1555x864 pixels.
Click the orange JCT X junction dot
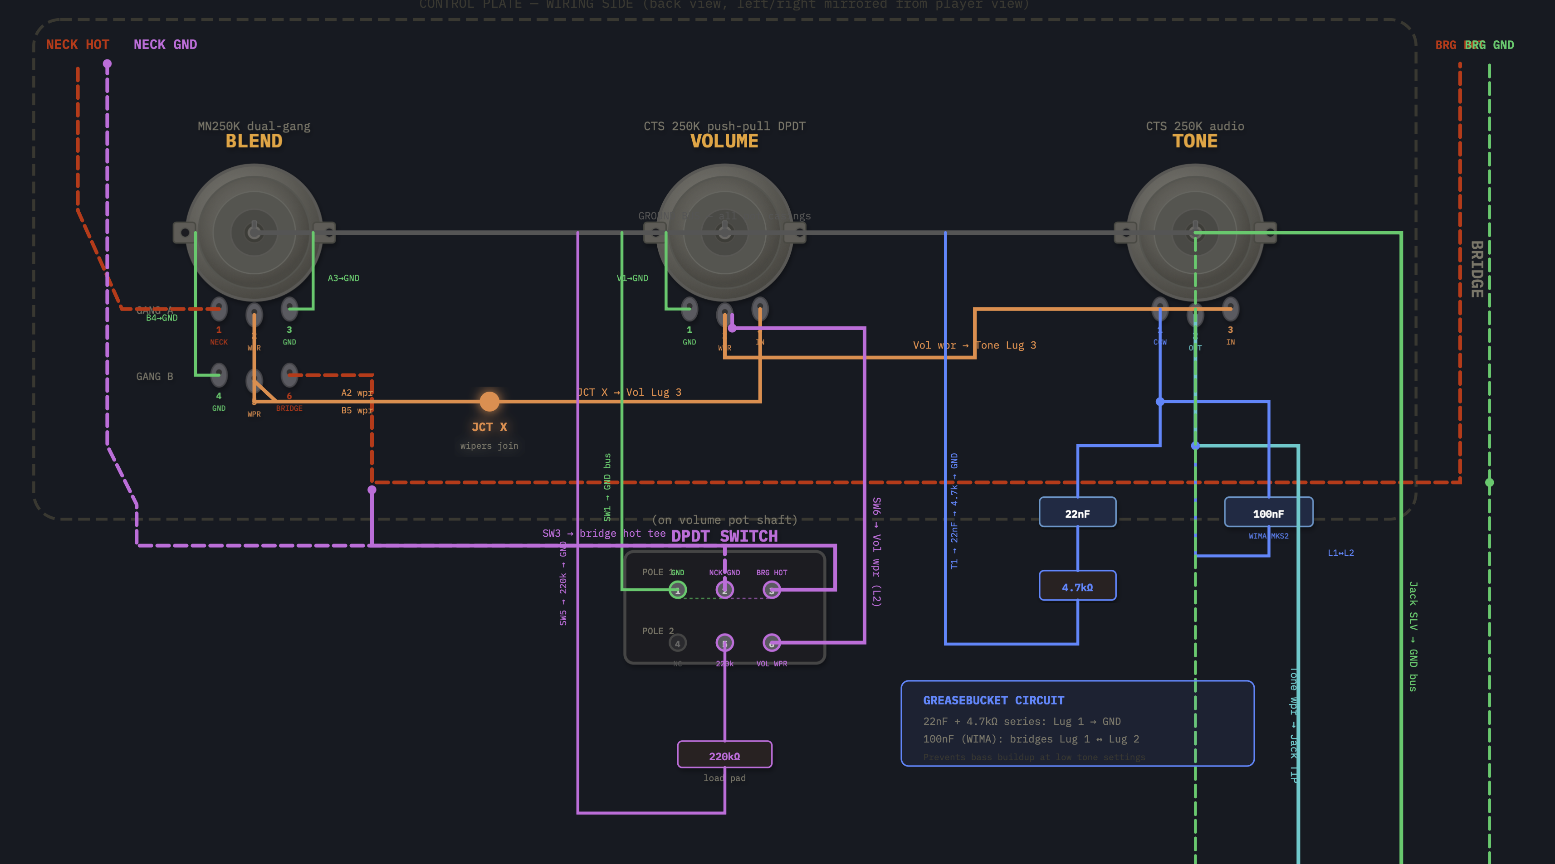coord(489,401)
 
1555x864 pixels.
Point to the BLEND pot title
coord(254,141)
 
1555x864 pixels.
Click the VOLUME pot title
coord(724,141)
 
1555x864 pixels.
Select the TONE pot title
coord(1195,141)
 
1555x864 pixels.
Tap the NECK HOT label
coord(77,44)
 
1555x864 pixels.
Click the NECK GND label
coord(165,44)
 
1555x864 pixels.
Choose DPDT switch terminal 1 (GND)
coord(677,590)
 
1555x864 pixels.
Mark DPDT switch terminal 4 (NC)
coord(677,643)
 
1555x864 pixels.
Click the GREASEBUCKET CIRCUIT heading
coord(993,700)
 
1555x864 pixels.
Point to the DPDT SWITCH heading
coord(724,536)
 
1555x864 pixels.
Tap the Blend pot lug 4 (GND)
coord(219,375)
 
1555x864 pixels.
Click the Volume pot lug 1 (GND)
coord(689,309)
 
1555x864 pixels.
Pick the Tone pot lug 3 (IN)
coord(1230,309)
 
